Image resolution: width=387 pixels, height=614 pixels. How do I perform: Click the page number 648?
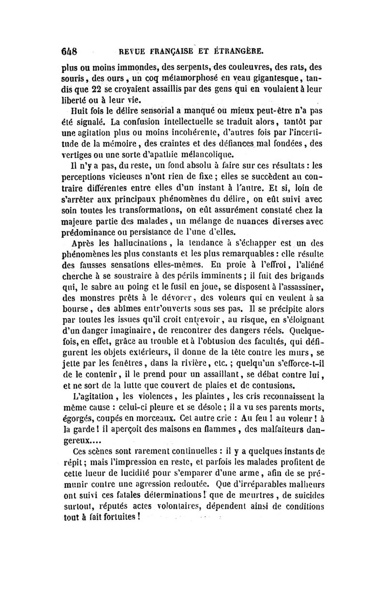pyautogui.click(x=71, y=50)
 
